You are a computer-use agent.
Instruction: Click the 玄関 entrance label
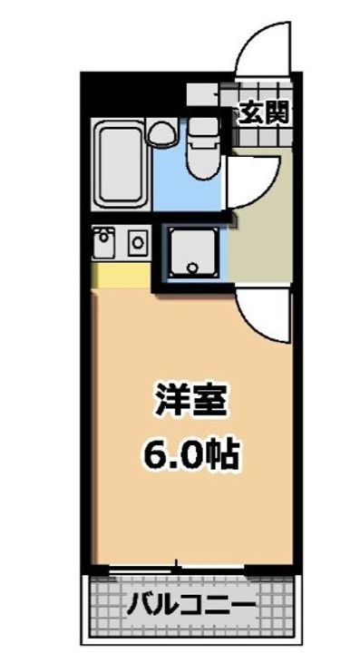(264, 113)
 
